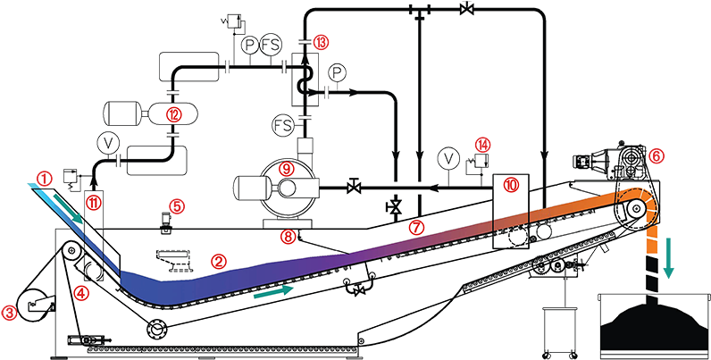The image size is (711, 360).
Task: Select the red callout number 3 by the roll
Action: point(11,312)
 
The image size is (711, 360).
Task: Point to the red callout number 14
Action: point(482,143)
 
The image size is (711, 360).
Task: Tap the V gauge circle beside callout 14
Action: point(448,159)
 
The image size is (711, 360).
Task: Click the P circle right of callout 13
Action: point(337,71)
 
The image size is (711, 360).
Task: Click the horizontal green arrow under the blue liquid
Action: point(273,290)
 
